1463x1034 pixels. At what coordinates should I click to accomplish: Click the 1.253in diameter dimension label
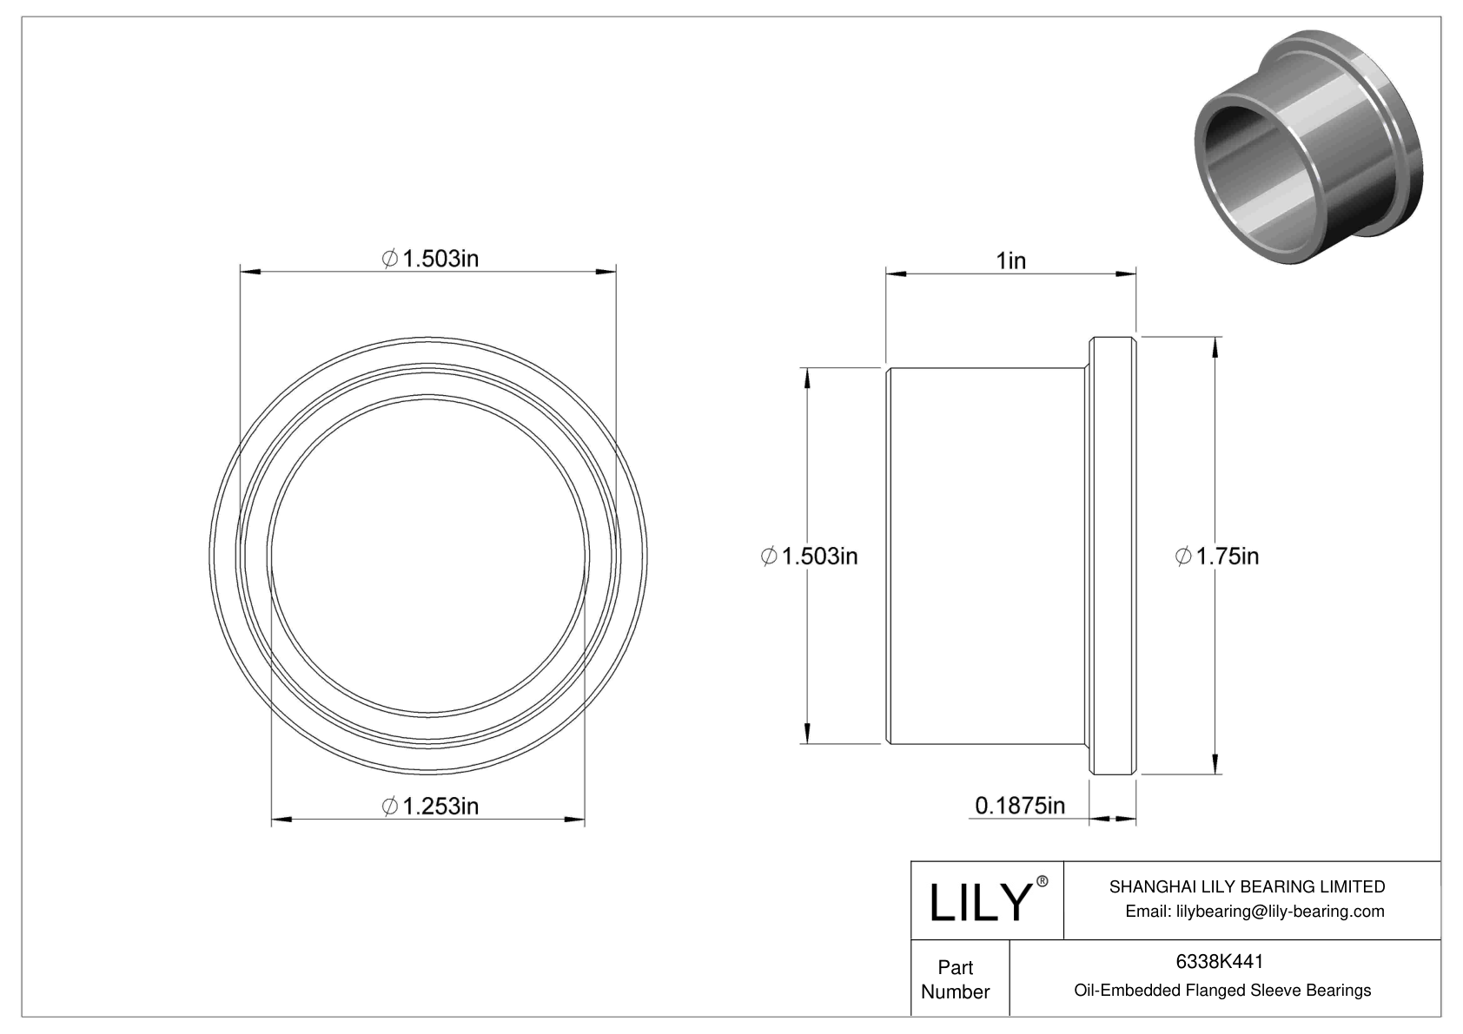pyautogui.click(x=430, y=807)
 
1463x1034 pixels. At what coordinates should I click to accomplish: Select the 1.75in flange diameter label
pyautogui.click(x=1217, y=557)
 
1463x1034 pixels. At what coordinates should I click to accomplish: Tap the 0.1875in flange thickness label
pyautogui.click(x=1020, y=807)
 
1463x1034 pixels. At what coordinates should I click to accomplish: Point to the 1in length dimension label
pyautogui.click(x=1010, y=260)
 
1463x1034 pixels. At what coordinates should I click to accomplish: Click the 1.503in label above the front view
pyautogui.click(x=430, y=259)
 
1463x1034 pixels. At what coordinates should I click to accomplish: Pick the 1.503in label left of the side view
pyautogui.click(x=809, y=557)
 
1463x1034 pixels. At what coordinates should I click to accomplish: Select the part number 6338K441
pyautogui.click(x=1219, y=961)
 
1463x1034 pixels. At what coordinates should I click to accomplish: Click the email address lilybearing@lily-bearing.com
pyautogui.click(x=1254, y=911)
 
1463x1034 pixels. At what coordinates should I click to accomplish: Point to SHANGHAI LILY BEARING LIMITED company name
pyautogui.click(x=1247, y=886)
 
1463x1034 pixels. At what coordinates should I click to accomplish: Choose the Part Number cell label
pyautogui.click(x=956, y=979)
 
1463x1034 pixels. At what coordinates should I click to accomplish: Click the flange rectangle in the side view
pyautogui.click(x=1113, y=556)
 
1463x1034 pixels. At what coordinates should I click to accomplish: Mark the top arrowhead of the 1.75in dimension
pyautogui.click(x=1214, y=346)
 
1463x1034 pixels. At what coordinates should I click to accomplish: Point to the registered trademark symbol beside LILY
pyautogui.click(x=1043, y=881)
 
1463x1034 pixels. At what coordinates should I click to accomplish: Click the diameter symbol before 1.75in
pyautogui.click(x=1183, y=557)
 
